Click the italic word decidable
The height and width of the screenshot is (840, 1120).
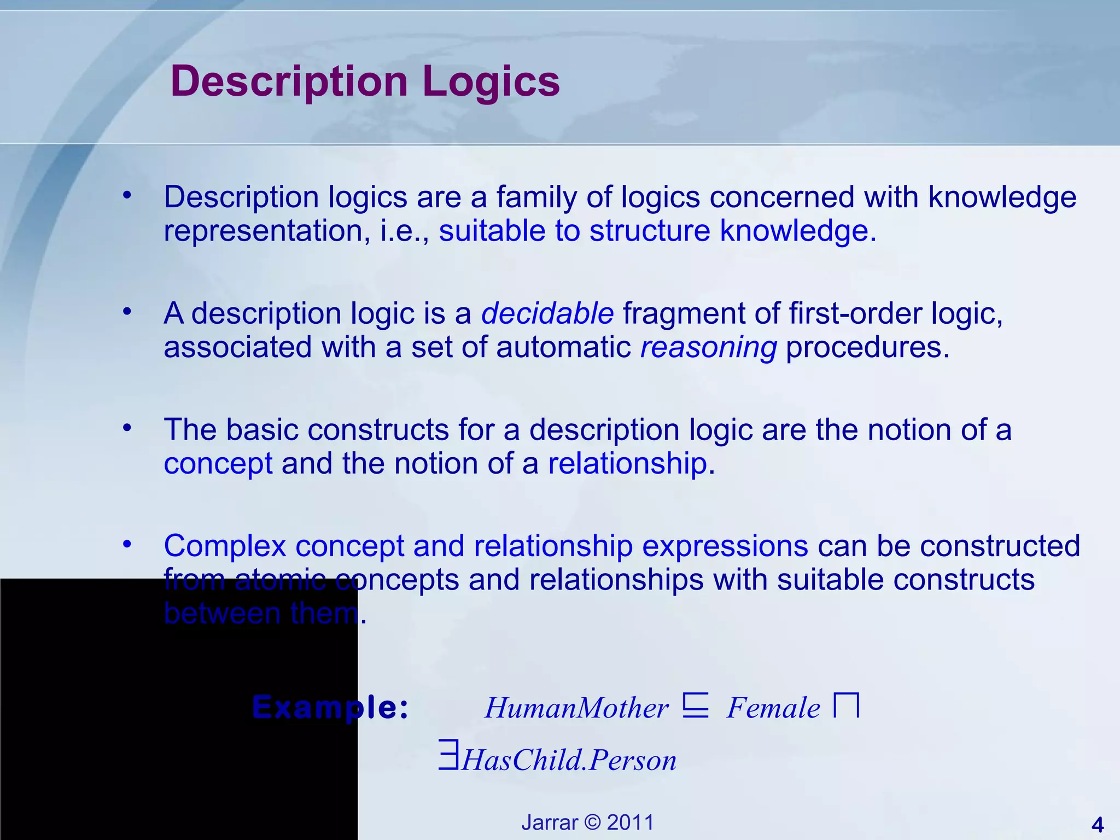point(547,314)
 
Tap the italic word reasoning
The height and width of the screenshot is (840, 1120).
point(708,348)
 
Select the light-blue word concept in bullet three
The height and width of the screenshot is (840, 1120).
point(218,464)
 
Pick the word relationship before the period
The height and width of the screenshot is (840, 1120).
point(627,464)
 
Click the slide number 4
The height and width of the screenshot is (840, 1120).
point(1097,824)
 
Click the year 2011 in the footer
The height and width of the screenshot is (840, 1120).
point(631,822)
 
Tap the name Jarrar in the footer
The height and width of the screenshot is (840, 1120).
point(549,822)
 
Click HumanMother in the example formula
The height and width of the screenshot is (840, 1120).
point(576,708)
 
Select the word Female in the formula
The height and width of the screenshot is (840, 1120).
point(773,708)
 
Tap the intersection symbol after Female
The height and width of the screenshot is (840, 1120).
point(847,705)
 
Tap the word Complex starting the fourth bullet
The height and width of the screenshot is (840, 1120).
point(225,546)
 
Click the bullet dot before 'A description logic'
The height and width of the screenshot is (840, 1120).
point(127,311)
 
